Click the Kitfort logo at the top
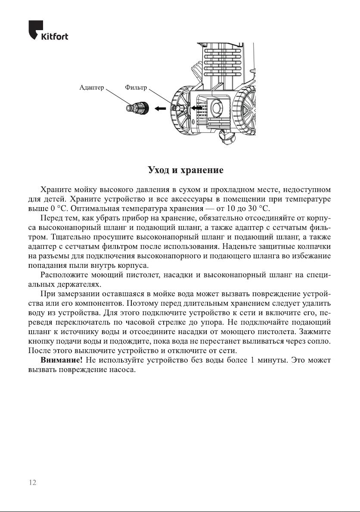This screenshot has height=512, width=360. (48, 31)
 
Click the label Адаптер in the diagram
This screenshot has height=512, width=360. (92, 87)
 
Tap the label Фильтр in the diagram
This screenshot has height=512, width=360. (136, 87)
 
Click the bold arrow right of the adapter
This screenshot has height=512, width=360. (160, 109)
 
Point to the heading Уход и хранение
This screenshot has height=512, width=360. (186, 170)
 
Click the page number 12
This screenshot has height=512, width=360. (32, 483)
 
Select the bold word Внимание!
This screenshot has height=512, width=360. (61, 360)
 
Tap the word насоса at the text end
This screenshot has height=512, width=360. (123, 369)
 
